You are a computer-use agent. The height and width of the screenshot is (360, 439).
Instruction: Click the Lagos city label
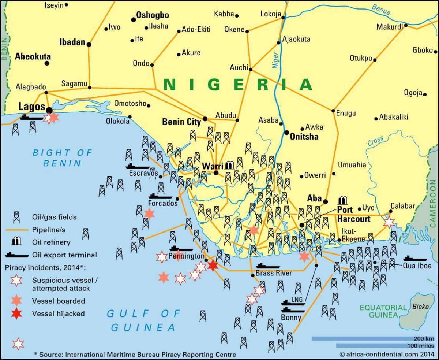click(31, 107)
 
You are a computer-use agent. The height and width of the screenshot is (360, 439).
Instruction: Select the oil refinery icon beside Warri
click(229, 165)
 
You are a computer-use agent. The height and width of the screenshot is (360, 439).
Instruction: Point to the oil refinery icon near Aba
click(343, 200)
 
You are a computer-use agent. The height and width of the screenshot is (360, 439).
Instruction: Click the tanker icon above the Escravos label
click(138, 166)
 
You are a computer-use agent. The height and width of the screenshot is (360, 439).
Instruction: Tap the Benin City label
click(181, 122)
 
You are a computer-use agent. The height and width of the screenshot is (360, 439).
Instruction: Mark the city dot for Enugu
click(333, 111)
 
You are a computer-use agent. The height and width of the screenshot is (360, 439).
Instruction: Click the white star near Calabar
click(389, 222)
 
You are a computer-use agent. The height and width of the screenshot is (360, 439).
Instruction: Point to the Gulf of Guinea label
click(143, 320)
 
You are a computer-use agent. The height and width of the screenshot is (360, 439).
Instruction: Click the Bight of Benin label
click(62, 157)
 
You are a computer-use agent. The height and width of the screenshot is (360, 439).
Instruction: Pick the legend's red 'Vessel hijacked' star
click(16, 313)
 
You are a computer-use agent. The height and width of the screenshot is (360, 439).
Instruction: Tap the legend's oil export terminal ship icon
click(17, 255)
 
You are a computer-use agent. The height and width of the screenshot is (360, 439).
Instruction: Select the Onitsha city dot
click(286, 133)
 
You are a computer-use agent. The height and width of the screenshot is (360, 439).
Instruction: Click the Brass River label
click(273, 273)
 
